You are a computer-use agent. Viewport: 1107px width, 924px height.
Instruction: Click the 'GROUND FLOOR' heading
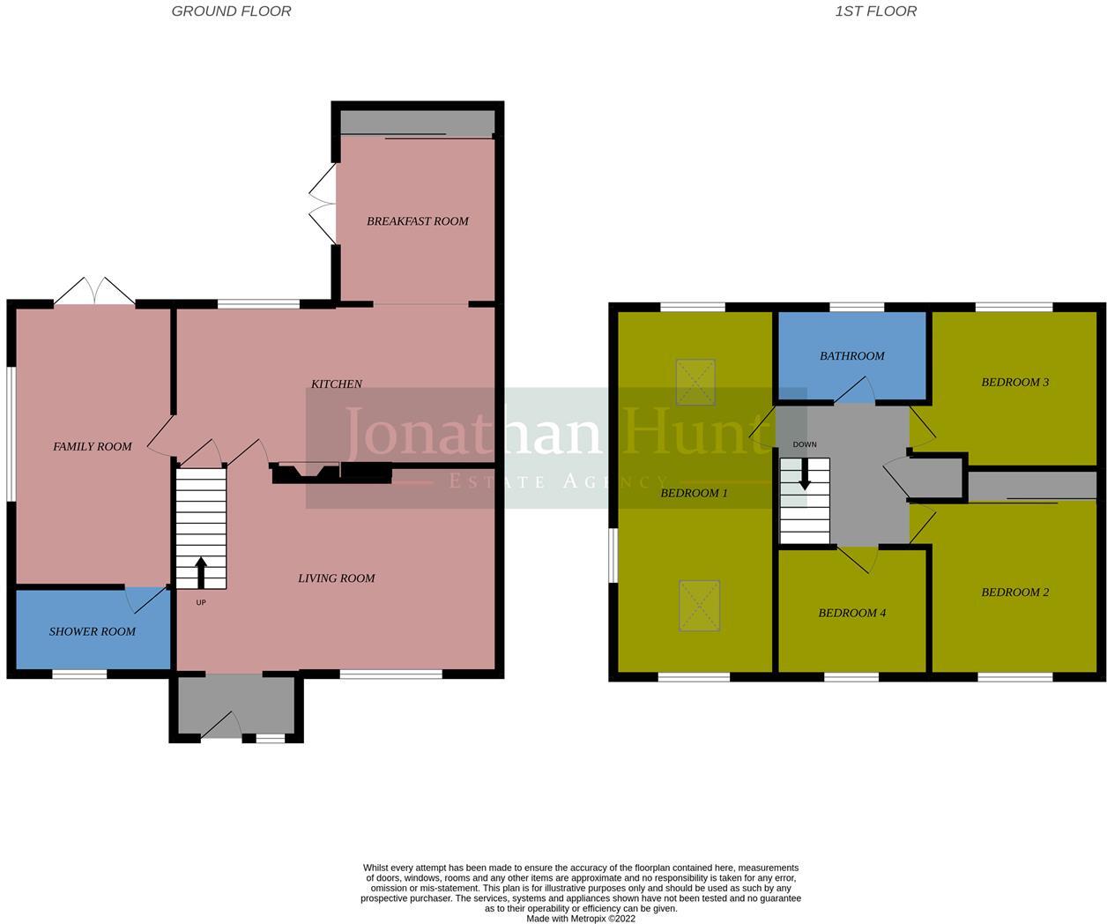[x=231, y=11]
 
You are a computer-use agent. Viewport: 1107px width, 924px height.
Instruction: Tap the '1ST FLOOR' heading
[x=875, y=11]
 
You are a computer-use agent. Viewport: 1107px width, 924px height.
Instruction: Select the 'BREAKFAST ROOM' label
[x=417, y=221]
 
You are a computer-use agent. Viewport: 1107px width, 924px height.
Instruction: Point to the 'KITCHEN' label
[x=337, y=384]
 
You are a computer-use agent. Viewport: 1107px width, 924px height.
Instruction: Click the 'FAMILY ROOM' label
[x=93, y=447]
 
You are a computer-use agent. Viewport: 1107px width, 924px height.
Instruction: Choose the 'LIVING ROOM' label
[x=336, y=578]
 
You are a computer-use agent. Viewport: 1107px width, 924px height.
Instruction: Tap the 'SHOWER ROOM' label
[x=93, y=631]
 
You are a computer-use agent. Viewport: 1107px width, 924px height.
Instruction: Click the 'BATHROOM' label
[x=851, y=356]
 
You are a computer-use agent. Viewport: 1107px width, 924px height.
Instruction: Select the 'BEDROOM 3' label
[x=1014, y=383]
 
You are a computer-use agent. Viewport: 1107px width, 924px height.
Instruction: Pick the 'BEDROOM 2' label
[x=1014, y=592]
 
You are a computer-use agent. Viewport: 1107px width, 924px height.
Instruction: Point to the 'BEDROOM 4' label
[x=851, y=613]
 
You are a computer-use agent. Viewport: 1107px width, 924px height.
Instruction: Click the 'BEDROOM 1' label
[x=694, y=493]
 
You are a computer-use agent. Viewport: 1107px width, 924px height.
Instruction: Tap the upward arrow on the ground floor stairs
[x=201, y=571]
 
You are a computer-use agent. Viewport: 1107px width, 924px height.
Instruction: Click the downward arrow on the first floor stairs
[x=804, y=476]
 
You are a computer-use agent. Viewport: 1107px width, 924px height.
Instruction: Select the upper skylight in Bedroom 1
[x=695, y=382]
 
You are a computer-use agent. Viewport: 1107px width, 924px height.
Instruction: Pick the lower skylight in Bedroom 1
[x=699, y=605]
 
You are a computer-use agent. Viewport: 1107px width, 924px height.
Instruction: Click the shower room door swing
[x=141, y=600]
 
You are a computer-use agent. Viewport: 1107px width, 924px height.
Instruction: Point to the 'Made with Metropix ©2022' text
[x=580, y=918]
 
